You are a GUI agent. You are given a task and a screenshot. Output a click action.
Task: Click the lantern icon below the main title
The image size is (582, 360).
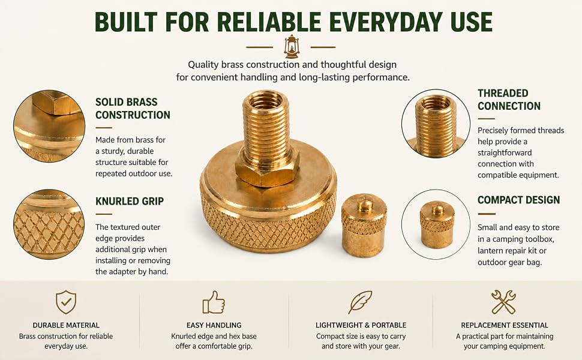291,47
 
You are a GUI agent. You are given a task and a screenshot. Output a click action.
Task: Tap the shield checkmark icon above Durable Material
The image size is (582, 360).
66,302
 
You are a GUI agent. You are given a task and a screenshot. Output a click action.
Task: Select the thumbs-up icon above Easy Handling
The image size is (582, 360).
214,302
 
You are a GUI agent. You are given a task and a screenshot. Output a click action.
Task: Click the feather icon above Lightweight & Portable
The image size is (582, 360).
360,302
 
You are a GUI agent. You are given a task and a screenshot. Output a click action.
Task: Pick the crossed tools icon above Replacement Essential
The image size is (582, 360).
503,302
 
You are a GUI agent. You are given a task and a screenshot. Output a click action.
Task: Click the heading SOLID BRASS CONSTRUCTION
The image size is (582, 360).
133,109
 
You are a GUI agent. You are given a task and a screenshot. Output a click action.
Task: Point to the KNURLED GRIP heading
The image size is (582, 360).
130,201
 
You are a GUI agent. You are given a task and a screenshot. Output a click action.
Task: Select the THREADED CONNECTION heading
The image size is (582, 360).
509,100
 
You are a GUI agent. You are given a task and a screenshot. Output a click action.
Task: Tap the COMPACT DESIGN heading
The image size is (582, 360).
518,200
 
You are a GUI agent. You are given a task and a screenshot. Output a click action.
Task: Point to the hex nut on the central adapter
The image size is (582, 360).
267,169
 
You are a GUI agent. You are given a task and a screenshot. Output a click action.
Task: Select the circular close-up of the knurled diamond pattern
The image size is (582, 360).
49,224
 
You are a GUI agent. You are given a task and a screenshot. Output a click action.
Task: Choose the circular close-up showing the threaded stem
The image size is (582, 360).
436,124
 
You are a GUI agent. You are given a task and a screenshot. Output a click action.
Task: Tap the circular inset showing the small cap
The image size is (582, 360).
436,224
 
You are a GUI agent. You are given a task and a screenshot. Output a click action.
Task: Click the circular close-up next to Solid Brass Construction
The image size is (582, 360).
49,126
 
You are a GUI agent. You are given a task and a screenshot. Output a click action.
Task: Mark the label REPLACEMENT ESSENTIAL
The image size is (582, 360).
505,325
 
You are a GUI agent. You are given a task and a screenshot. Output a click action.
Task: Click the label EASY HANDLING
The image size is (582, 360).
214,325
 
